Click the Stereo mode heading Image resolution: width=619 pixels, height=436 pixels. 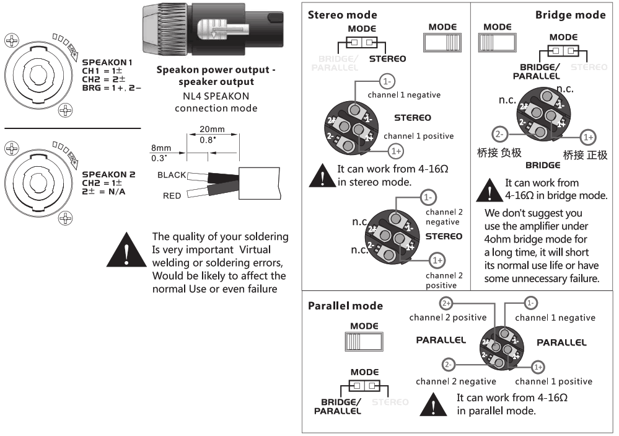click(x=343, y=15)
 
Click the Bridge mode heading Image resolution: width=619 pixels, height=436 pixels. click(x=570, y=15)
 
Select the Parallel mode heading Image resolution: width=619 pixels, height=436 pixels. click(x=345, y=306)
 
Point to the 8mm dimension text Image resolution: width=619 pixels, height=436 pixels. click(x=160, y=149)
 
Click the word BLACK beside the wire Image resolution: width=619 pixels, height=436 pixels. click(x=172, y=176)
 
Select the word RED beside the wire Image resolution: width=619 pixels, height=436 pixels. click(x=172, y=195)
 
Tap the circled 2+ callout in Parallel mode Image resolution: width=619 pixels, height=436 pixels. click(x=446, y=303)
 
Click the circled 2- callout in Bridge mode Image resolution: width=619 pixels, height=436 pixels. click(x=500, y=134)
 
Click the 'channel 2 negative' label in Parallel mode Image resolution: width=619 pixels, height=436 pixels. click(x=456, y=381)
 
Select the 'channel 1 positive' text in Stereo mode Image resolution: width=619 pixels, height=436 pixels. click(x=418, y=136)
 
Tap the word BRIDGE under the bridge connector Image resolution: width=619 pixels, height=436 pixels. click(x=543, y=166)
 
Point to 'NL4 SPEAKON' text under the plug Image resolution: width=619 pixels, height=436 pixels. click(x=216, y=96)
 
